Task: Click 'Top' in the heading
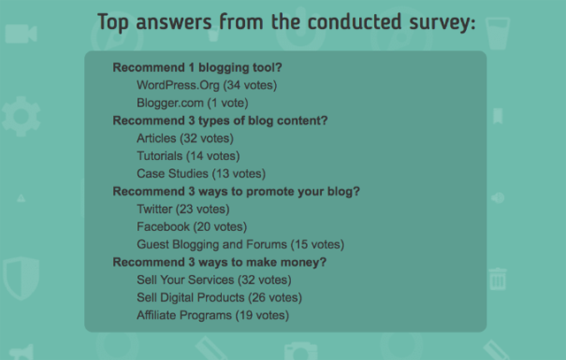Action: [115, 22]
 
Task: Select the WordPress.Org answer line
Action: [207, 85]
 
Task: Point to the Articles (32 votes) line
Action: [185, 138]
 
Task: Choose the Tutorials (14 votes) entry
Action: [188, 156]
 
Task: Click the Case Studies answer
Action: [201, 173]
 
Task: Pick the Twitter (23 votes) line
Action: [183, 209]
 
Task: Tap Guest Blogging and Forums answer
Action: [240, 244]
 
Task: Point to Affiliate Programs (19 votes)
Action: [212, 315]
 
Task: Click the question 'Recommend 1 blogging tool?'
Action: [203, 67]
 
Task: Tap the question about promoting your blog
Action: [236, 191]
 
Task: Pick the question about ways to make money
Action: [219, 262]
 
